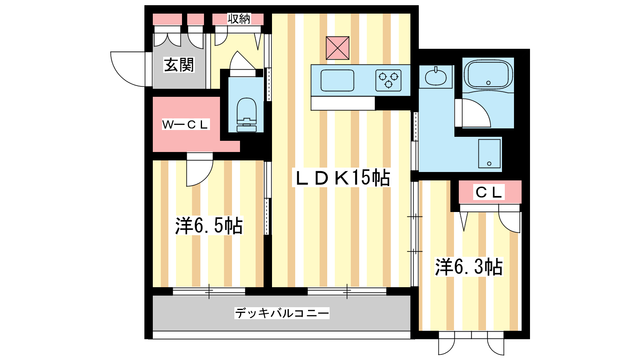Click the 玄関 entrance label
179,65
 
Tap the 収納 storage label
239,19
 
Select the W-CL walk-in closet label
186,124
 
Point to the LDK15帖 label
341,178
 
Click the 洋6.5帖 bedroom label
209,226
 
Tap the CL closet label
489,192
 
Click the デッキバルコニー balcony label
282,313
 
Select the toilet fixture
246,115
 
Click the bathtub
488,75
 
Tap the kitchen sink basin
338,80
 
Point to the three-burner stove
388,80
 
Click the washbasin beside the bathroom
436,76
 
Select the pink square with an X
338,48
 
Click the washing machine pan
490,154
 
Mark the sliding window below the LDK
347,292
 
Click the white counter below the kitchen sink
343,103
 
